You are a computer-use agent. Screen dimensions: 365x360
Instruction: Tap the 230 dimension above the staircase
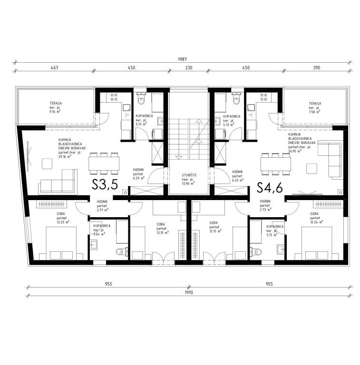[x=188, y=68]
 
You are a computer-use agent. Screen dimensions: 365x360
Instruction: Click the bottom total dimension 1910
[x=189, y=293]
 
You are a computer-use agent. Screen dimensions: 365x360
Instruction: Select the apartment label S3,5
[x=105, y=186]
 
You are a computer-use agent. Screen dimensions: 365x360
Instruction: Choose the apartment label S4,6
[x=270, y=186]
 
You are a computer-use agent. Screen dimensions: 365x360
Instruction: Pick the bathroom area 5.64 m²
[x=99, y=234]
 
